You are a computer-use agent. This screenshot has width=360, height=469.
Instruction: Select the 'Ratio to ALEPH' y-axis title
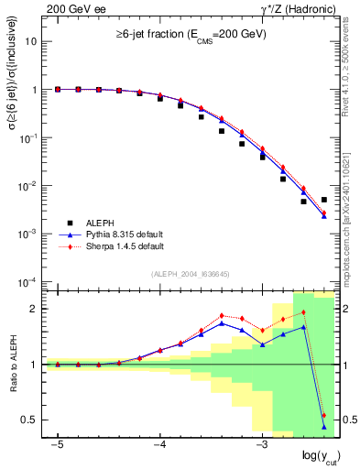(14, 364)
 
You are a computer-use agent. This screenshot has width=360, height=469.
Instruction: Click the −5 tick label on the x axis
(57, 443)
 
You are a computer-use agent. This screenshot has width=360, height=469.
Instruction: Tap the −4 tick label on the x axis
(158, 443)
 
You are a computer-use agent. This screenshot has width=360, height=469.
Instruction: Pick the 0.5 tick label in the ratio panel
(29, 420)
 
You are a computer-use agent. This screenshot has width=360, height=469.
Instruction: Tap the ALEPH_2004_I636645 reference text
(191, 275)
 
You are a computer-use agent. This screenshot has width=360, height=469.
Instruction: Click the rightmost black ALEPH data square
(324, 200)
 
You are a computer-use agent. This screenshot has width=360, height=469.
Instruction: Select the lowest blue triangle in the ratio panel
(324, 427)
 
